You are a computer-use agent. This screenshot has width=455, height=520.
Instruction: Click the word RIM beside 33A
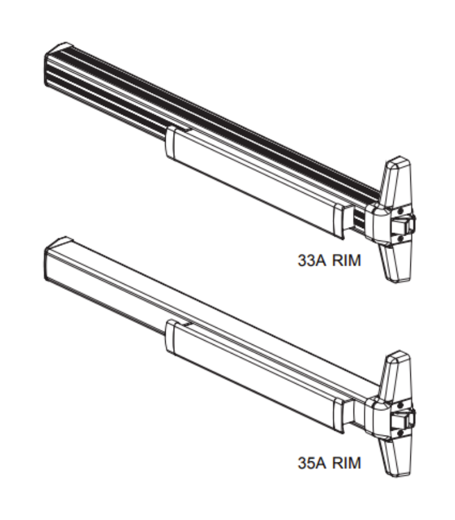click(347, 260)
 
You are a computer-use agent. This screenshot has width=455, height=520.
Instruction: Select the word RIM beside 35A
click(347, 462)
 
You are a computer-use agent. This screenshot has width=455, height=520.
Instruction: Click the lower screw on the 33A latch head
click(400, 238)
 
